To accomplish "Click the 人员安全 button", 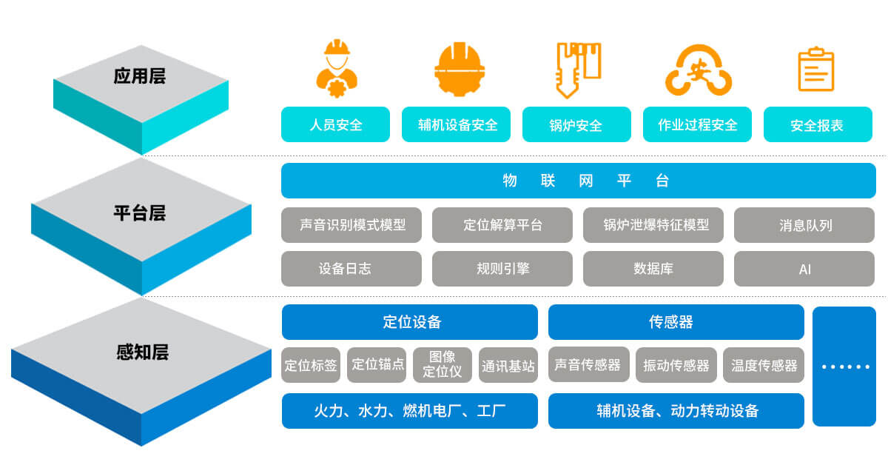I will [x=335, y=124].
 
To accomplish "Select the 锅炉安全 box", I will [x=576, y=124].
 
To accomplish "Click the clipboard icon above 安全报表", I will [x=815, y=70].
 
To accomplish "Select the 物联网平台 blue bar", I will [x=578, y=181].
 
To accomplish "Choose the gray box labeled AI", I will [x=804, y=269].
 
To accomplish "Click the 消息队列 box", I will [x=804, y=225].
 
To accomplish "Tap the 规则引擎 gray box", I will [x=502, y=269].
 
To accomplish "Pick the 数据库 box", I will [x=653, y=269].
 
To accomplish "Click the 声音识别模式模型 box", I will [x=351, y=225].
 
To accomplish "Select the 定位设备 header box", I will [x=409, y=322].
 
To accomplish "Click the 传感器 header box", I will [x=676, y=322].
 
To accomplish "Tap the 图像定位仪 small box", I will [x=442, y=365].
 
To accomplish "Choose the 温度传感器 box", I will [x=764, y=365].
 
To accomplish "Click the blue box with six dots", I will [x=844, y=367].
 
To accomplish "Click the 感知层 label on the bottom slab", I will [x=142, y=352].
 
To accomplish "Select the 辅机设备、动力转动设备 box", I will [x=676, y=411].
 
